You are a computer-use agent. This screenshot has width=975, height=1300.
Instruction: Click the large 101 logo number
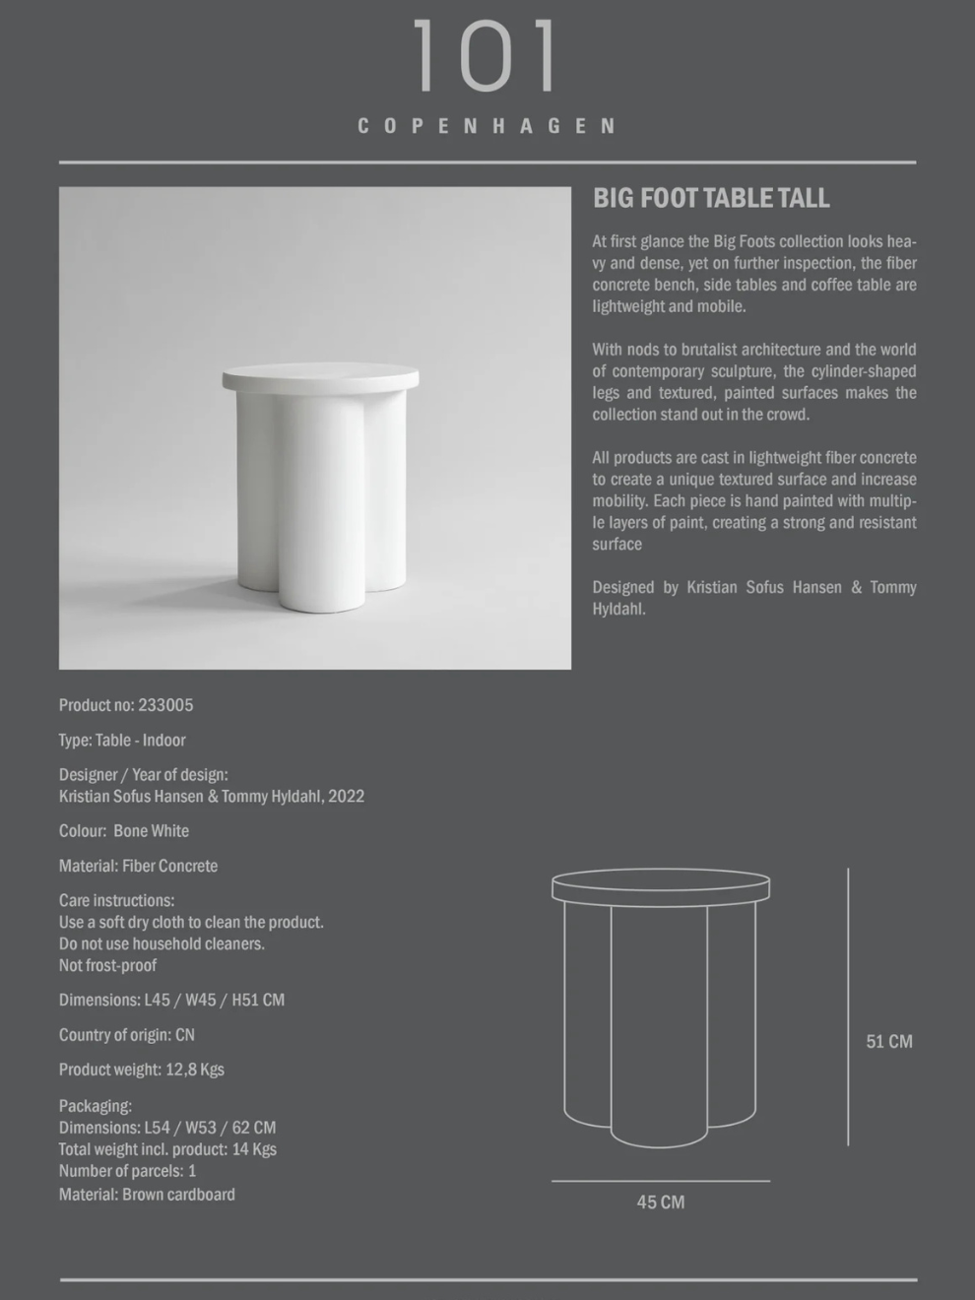coord(485,57)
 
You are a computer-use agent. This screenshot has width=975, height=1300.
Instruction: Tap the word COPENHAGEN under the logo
coord(487,126)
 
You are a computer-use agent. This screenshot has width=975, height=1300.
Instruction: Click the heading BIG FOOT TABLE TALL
coord(711,198)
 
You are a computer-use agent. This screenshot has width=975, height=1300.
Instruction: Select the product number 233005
coord(165,705)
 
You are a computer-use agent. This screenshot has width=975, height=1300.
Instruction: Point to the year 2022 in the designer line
coord(347,797)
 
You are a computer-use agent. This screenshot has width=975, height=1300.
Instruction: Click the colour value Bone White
coord(151,831)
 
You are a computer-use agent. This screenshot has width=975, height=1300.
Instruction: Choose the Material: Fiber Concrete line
coord(138,866)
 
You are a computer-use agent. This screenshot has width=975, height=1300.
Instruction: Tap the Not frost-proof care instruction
coord(107,965)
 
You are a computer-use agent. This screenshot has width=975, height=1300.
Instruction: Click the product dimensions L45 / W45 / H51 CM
coord(214,1000)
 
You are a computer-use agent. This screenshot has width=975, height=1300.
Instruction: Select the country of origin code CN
coord(184,1035)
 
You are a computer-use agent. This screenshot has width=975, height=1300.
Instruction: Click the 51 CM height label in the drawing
coord(888,1042)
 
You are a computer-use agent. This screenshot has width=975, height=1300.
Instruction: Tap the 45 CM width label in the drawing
coord(660,1202)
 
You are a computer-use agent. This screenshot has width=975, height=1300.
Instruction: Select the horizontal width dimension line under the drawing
coord(660,1180)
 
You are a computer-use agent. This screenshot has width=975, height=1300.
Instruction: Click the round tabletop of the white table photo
coord(320,377)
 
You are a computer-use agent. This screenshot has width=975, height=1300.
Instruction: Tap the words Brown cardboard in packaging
coord(178,1195)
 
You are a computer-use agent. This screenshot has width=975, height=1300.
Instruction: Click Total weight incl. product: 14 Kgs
coord(167,1149)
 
